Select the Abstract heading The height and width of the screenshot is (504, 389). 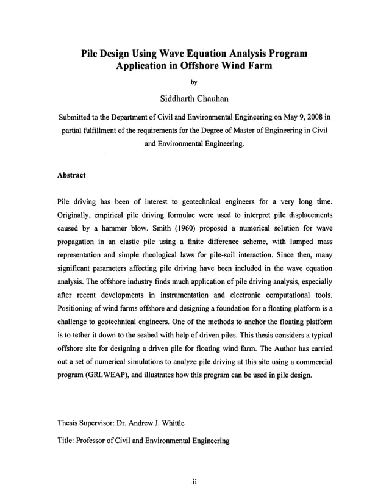[71, 175]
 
